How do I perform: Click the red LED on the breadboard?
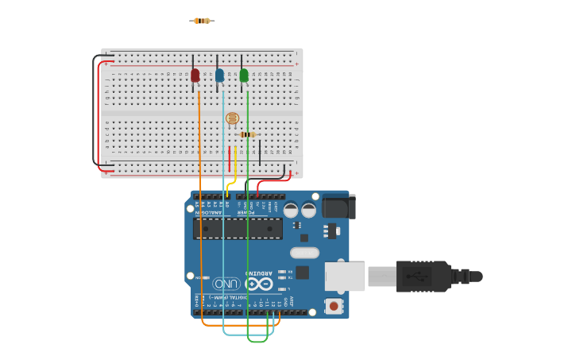click(195, 75)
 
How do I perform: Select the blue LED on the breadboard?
click(219, 75)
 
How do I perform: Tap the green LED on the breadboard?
click(244, 75)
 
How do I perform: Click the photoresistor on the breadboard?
click(232, 119)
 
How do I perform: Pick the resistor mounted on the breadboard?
click(248, 134)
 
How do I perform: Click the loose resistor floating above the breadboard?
click(202, 21)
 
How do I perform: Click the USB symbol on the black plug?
click(416, 276)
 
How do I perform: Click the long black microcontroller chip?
click(238, 229)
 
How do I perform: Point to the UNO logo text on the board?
click(226, 284)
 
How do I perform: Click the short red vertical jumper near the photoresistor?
click(229, 159)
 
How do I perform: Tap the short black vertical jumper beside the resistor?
click(260, 153)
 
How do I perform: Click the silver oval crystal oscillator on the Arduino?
click(304, 253)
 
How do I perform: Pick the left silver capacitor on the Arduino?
click(291, 210)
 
